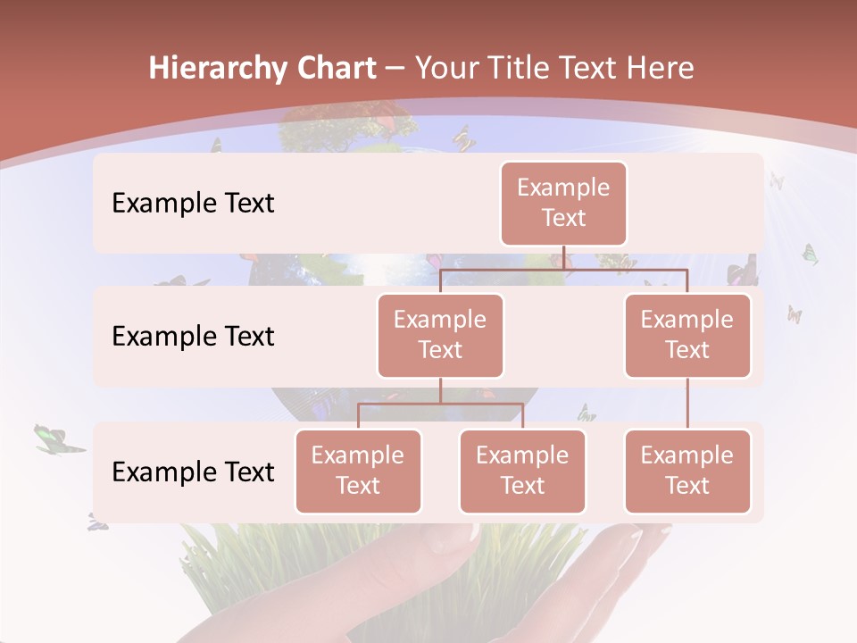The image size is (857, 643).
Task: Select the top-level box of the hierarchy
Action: coord(563,203)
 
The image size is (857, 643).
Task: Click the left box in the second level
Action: coord(440,335)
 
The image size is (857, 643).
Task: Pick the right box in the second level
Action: coord(687,335)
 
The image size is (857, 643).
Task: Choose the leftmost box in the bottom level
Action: coord(358,471)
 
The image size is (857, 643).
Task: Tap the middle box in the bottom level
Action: coord(522,471)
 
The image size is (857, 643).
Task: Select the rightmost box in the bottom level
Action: coord(687,471)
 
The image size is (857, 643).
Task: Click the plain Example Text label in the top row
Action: coord(193,204)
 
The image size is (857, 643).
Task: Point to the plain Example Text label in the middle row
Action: coord(193,337)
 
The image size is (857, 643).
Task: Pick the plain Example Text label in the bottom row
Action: coord(193,472)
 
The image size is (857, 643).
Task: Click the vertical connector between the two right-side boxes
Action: coord(687,404)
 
